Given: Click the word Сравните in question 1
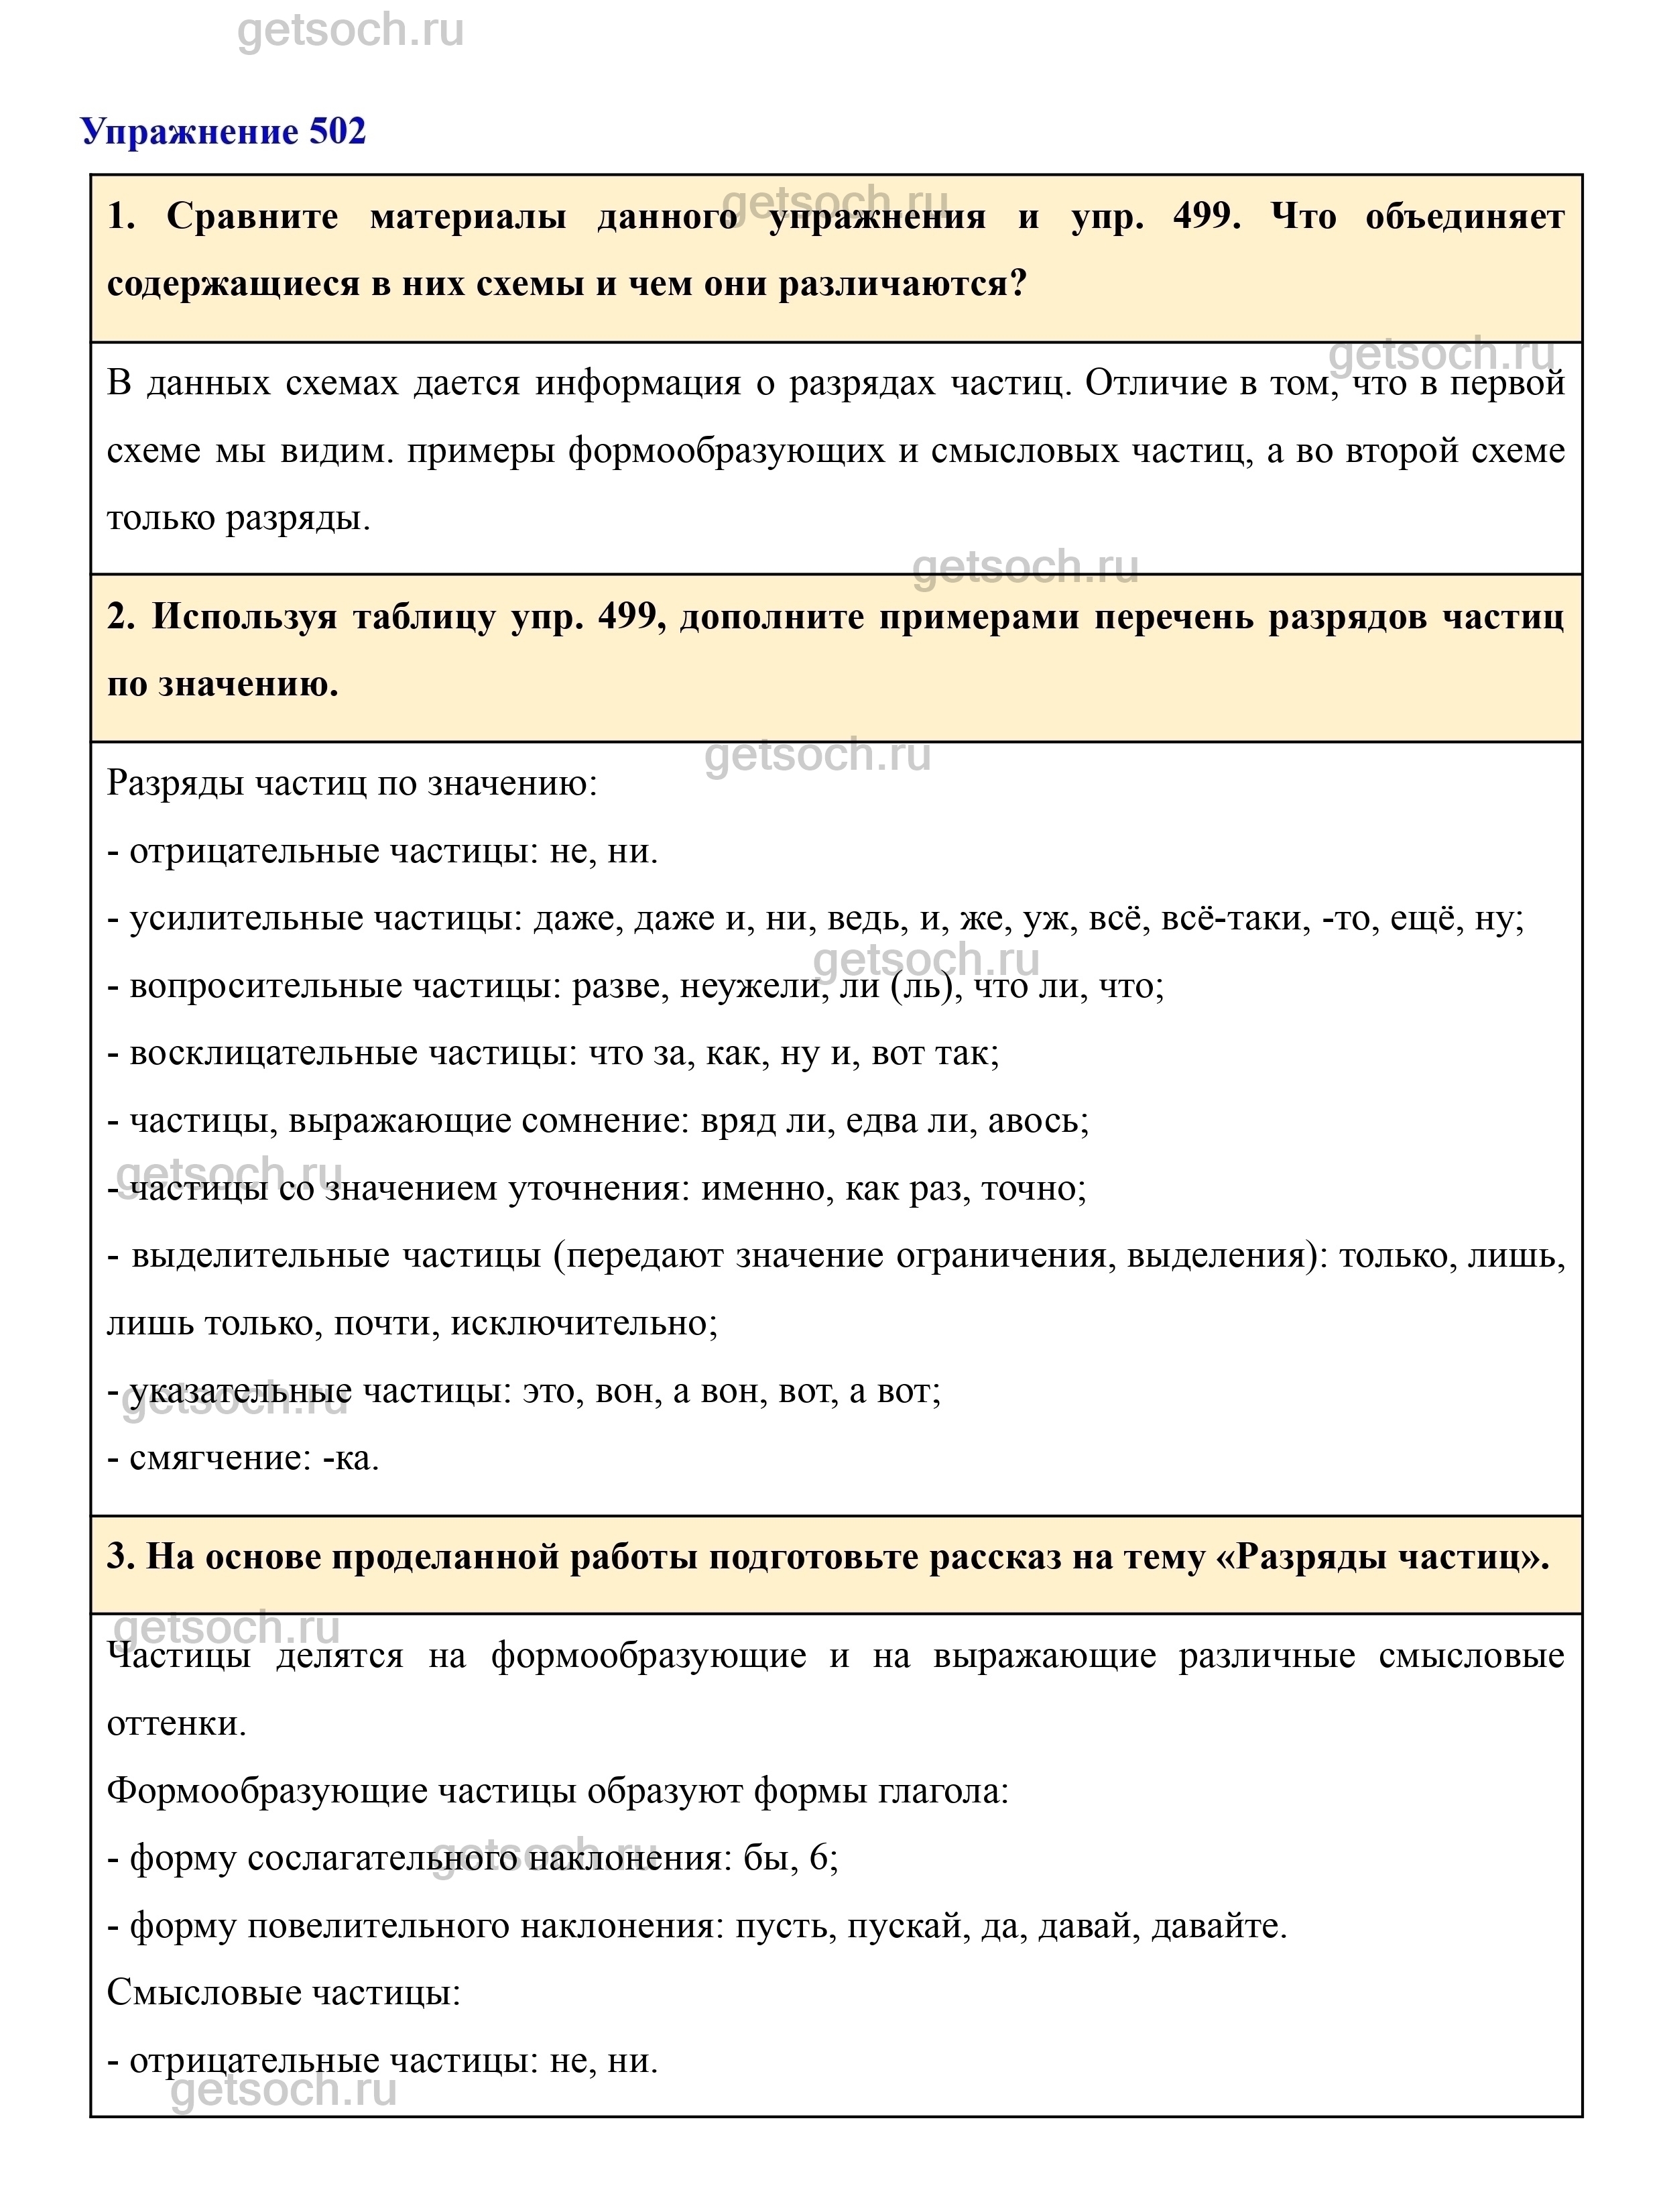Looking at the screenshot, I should [252, 216].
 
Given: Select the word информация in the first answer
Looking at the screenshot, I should [637, 383].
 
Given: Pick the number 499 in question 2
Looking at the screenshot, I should [630, 617].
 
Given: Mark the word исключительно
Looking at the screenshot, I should [582, 1324].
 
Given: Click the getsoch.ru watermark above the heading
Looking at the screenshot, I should [351, 32].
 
